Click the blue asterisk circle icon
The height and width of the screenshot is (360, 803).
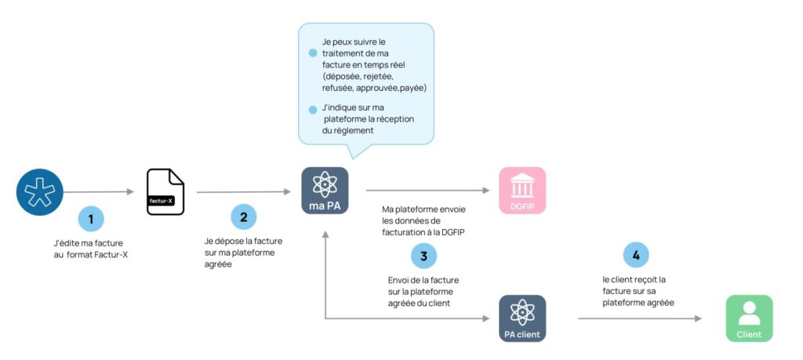(40, 191)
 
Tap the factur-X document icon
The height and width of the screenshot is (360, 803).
(165, 192)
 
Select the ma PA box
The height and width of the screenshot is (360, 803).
(325, 191)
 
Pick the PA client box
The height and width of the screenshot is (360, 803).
(522, 318)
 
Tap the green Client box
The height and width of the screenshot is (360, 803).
(749, 318)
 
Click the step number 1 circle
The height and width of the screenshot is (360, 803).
(90, 219)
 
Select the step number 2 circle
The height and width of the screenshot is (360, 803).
(243, 216)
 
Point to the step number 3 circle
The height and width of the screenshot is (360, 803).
(423, 256)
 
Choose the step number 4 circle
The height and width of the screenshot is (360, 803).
(636, 254)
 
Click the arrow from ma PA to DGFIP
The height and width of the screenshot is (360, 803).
(427, 190)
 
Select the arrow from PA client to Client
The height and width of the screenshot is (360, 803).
(639, 318)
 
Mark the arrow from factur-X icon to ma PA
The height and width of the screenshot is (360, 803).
(243, 191)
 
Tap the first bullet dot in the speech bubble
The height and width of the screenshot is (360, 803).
(313, 53)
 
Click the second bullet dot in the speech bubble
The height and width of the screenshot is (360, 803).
(313, 110)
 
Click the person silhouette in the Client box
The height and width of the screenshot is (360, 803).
(749, 313)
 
